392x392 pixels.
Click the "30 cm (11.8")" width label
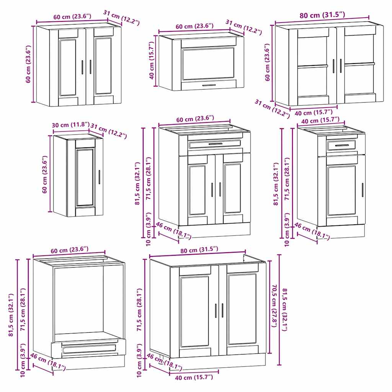tap(71, 125)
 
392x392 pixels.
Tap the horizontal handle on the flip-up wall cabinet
tap(209, 85)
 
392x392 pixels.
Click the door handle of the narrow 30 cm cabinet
tap(99, 177)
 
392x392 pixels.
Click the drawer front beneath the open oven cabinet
tap(89, 348)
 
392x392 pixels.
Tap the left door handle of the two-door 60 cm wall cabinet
tap(83, 67)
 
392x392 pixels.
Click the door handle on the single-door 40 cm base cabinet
tap(362, 190)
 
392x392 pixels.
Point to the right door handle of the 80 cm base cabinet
tap(222, 310)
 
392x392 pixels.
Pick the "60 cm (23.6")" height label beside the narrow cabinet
tap(45, 174)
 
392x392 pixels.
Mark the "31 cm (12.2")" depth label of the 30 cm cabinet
tap(109, 132)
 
